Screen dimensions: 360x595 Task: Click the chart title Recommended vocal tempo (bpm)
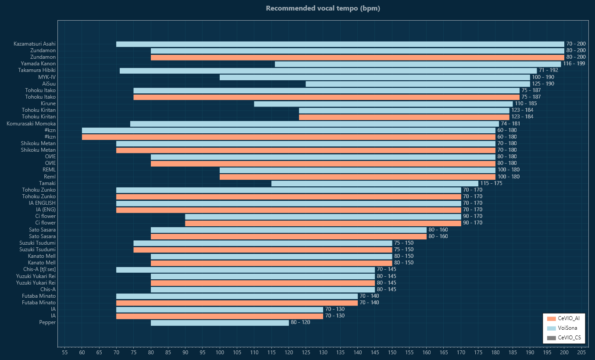tap(323, 8)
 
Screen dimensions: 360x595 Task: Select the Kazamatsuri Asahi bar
tap(340, 44)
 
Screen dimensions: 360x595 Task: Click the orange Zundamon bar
tap(357, 57)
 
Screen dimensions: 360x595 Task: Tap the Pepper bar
tap(220, 323)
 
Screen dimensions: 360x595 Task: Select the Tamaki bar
tap(374, 183)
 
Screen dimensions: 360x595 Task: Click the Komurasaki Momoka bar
tap(314, 124)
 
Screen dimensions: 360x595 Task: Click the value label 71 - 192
tap(549, 71)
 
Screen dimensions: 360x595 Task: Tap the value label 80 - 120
tap(300, 323)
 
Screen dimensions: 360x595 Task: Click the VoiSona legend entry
tap(563, 328)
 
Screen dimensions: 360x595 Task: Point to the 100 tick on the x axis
tap(220, 352)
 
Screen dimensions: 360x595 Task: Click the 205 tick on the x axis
tap(581, 352)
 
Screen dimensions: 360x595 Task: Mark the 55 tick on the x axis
tap(64, 352)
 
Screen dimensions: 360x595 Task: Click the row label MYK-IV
tap(47, 77)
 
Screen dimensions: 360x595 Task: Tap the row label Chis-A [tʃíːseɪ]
tap(39, 269)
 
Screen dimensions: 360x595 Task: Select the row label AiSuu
tap(49, 84)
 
